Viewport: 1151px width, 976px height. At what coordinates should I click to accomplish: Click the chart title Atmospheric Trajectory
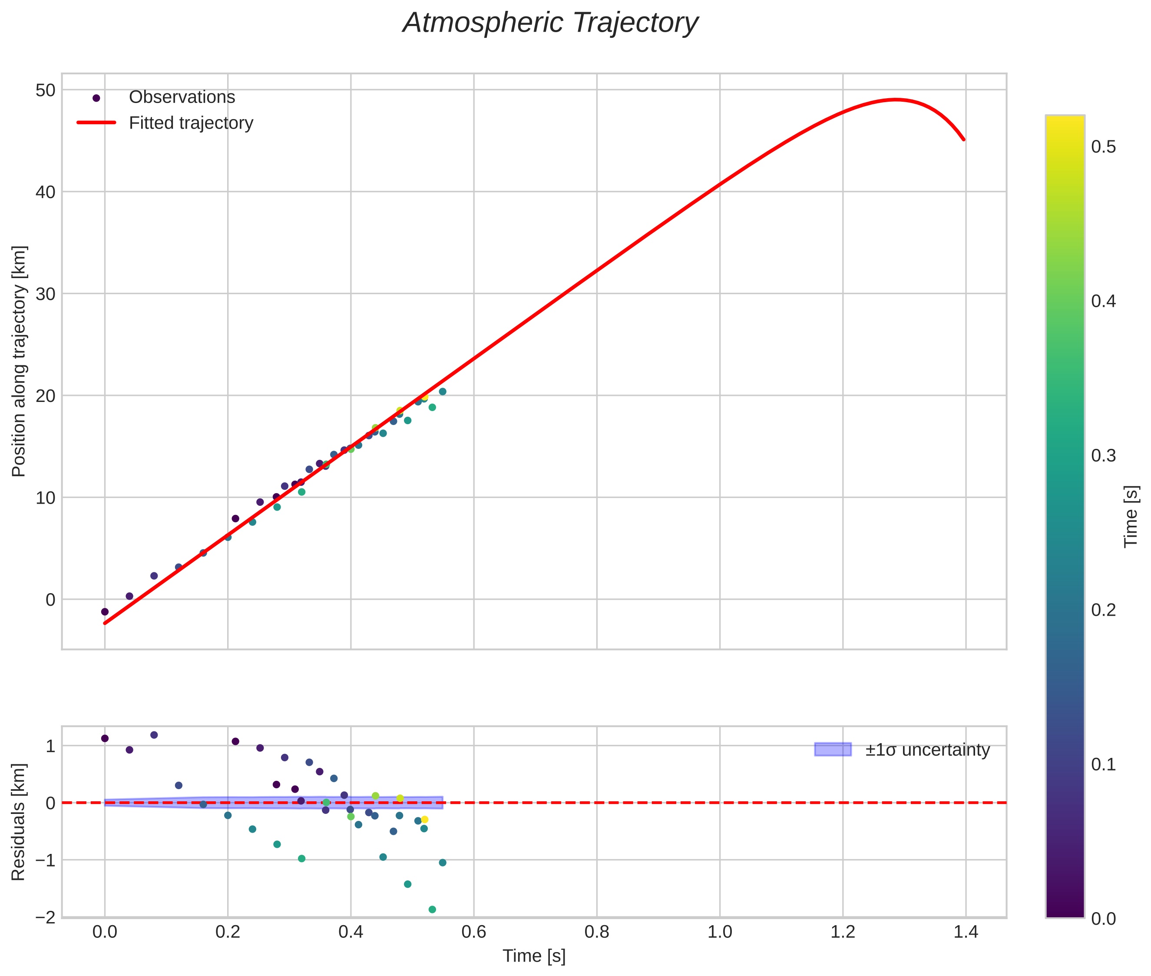click(x=550, y=23)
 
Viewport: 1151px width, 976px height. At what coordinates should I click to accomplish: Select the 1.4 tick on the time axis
click(x=965, y=932)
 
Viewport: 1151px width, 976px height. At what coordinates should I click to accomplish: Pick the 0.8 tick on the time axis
click(x=596, y=932)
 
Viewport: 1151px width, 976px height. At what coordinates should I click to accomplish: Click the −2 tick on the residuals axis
click(x=45, y=917)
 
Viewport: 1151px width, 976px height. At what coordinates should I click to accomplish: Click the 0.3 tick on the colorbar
click(x=1103, y=456)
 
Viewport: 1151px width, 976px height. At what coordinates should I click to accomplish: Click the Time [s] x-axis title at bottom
click(x=534, y=956)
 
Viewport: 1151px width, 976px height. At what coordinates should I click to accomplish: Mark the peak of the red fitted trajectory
click(x=896, y=100)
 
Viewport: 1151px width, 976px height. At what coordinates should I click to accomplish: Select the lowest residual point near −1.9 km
click(x=432, y=910)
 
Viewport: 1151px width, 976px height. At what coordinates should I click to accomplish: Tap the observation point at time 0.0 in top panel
click(x=105, y=611)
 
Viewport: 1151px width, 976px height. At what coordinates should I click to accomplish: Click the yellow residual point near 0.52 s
click(x=424, y=820)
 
